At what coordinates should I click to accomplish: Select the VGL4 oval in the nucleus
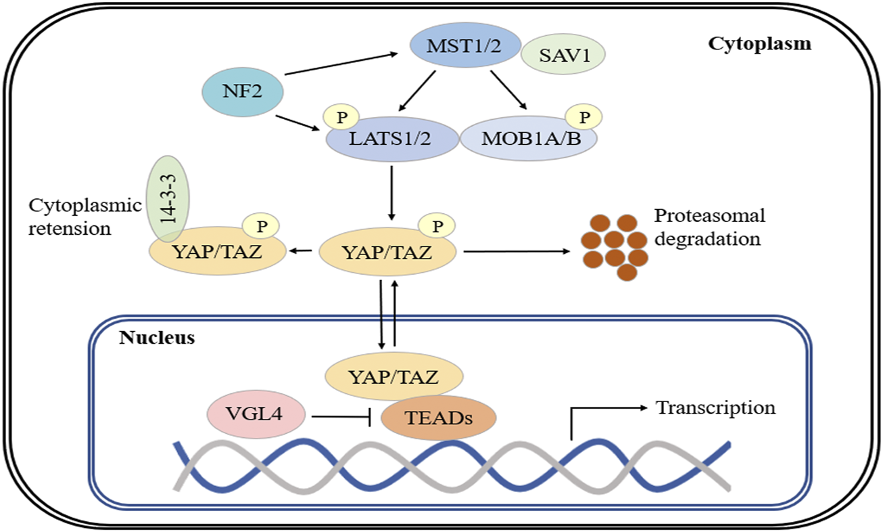pos(256,413)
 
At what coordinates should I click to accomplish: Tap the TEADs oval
pos(439,418)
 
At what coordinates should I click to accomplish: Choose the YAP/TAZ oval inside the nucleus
pos(394,376)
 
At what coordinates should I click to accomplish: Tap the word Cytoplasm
pos(759,45)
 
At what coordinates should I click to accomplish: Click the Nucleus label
pos(158,337)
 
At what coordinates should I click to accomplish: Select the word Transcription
pos(715,408)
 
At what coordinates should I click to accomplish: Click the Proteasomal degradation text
pos(709,228)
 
